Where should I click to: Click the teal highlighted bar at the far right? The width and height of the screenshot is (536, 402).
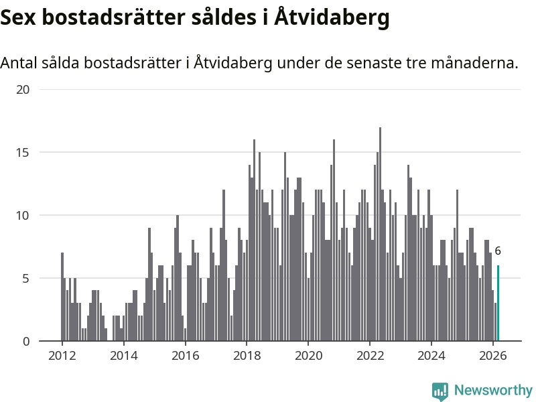[x=498, y=304]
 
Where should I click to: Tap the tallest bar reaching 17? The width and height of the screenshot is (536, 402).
[x=380, y=234]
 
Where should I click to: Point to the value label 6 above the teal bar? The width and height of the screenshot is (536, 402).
[x=498, y=251]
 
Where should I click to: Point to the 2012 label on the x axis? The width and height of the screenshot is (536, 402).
[x=62, y=356]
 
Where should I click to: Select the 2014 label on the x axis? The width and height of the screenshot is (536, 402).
[x=123, y=356]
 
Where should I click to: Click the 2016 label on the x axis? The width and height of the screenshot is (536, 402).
[x=185, y=356]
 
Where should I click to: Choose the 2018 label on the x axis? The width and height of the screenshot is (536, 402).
[x=247, y=356]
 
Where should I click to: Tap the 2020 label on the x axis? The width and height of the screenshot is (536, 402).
[x=308, y=356]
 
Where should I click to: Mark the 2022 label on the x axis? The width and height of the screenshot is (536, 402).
[x=370, y=356]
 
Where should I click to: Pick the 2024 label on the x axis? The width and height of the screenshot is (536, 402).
[x=431, y=356]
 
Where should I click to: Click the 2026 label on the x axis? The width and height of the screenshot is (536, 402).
[x=493, y=356]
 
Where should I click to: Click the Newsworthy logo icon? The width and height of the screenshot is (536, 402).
[x=440, y=391]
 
